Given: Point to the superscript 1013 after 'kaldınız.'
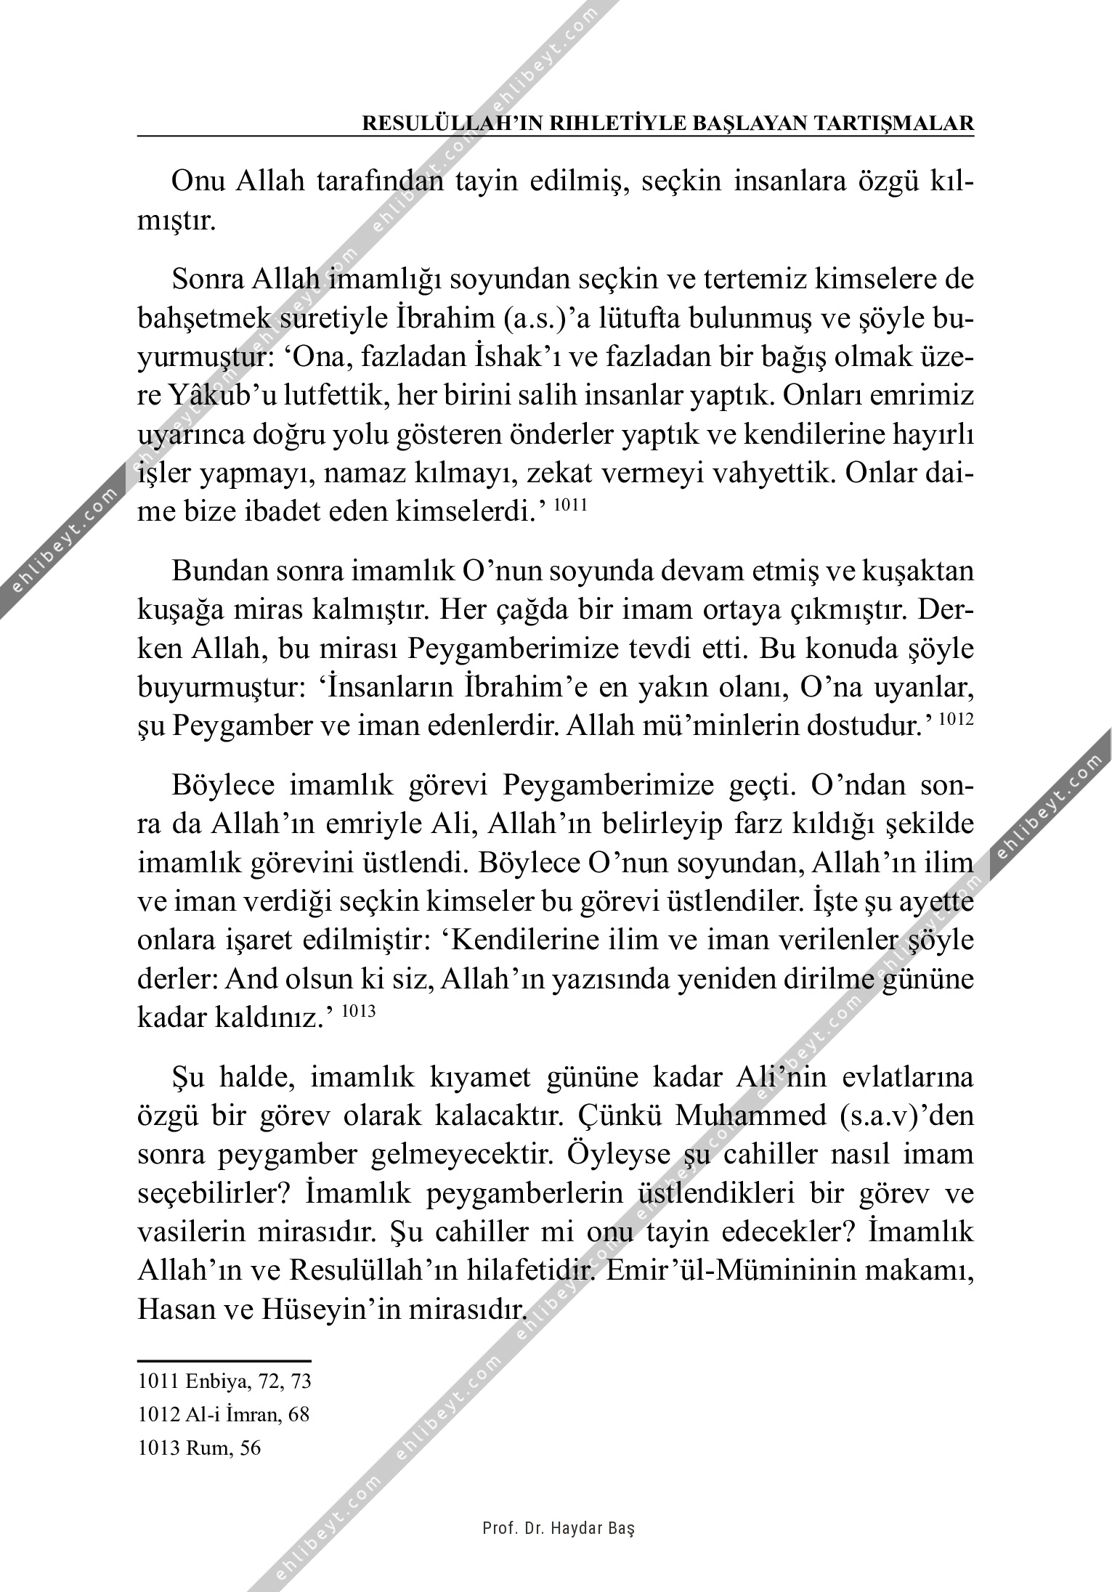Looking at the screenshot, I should point(357,1010).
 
